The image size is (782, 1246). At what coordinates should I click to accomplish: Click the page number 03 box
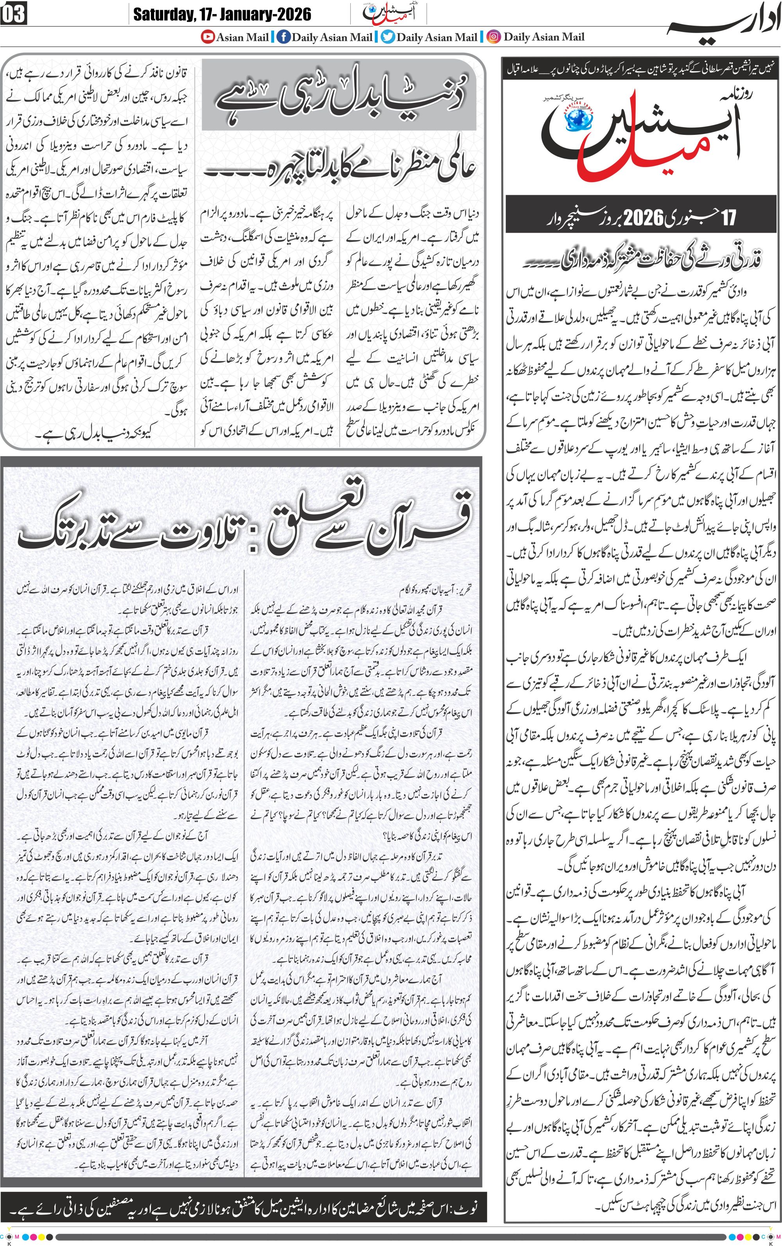click(x=13, y=14)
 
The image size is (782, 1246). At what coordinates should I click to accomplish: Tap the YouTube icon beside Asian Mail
click(x=208, y=37)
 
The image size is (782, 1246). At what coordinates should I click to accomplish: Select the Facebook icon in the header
click(x=283, y=37)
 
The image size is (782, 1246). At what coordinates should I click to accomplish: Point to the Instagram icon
click(x=495, y=37)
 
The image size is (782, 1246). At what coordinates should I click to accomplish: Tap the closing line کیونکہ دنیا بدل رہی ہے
click(x=96, y=433)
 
